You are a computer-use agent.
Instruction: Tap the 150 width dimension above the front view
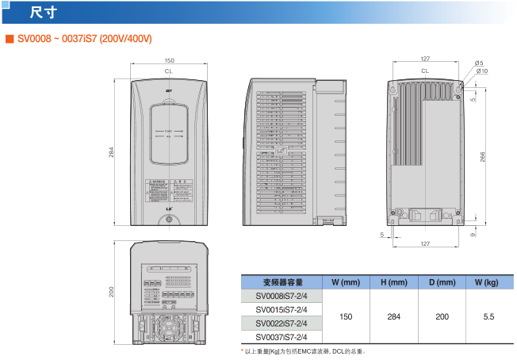(x=169, y=61)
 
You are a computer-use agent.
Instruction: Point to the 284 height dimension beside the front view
(x=112, y=151)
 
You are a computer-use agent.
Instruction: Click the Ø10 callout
(x=482, y=71)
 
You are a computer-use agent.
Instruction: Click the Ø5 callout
(x=479, y=63)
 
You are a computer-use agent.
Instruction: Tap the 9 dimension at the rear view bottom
(x=473, y=235)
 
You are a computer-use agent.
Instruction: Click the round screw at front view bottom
(x=169, y=220)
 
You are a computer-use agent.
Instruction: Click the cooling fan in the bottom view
(x=168, y=327)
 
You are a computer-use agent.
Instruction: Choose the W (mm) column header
(x=346, y=282)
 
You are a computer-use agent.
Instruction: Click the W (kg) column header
(x=487, y=282)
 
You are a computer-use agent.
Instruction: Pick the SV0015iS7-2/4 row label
(x=281, y=309)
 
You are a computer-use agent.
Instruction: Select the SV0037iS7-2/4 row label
(x=281, y=337)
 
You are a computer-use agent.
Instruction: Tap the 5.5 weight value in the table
(x=488, y=316)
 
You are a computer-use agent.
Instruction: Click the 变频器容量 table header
(x=282, y=282)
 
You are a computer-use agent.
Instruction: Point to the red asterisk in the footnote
(x=242, y=350)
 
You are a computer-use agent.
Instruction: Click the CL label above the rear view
(x=425, y=71)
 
